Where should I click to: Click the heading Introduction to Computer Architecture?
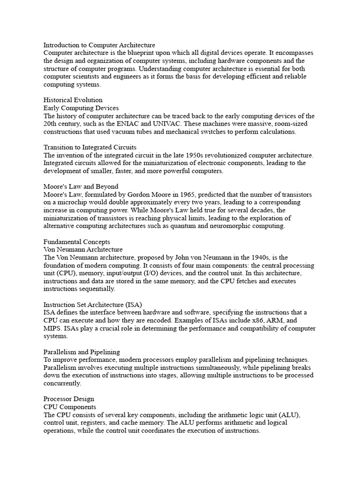point(99,45)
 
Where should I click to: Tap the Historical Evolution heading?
point(73,100)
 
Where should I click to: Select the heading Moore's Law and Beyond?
point(81,187)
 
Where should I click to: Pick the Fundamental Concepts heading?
point(77,242)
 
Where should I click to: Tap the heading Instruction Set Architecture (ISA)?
point(93,305)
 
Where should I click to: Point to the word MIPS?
point(52,328)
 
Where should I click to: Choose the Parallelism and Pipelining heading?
point(82,352)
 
